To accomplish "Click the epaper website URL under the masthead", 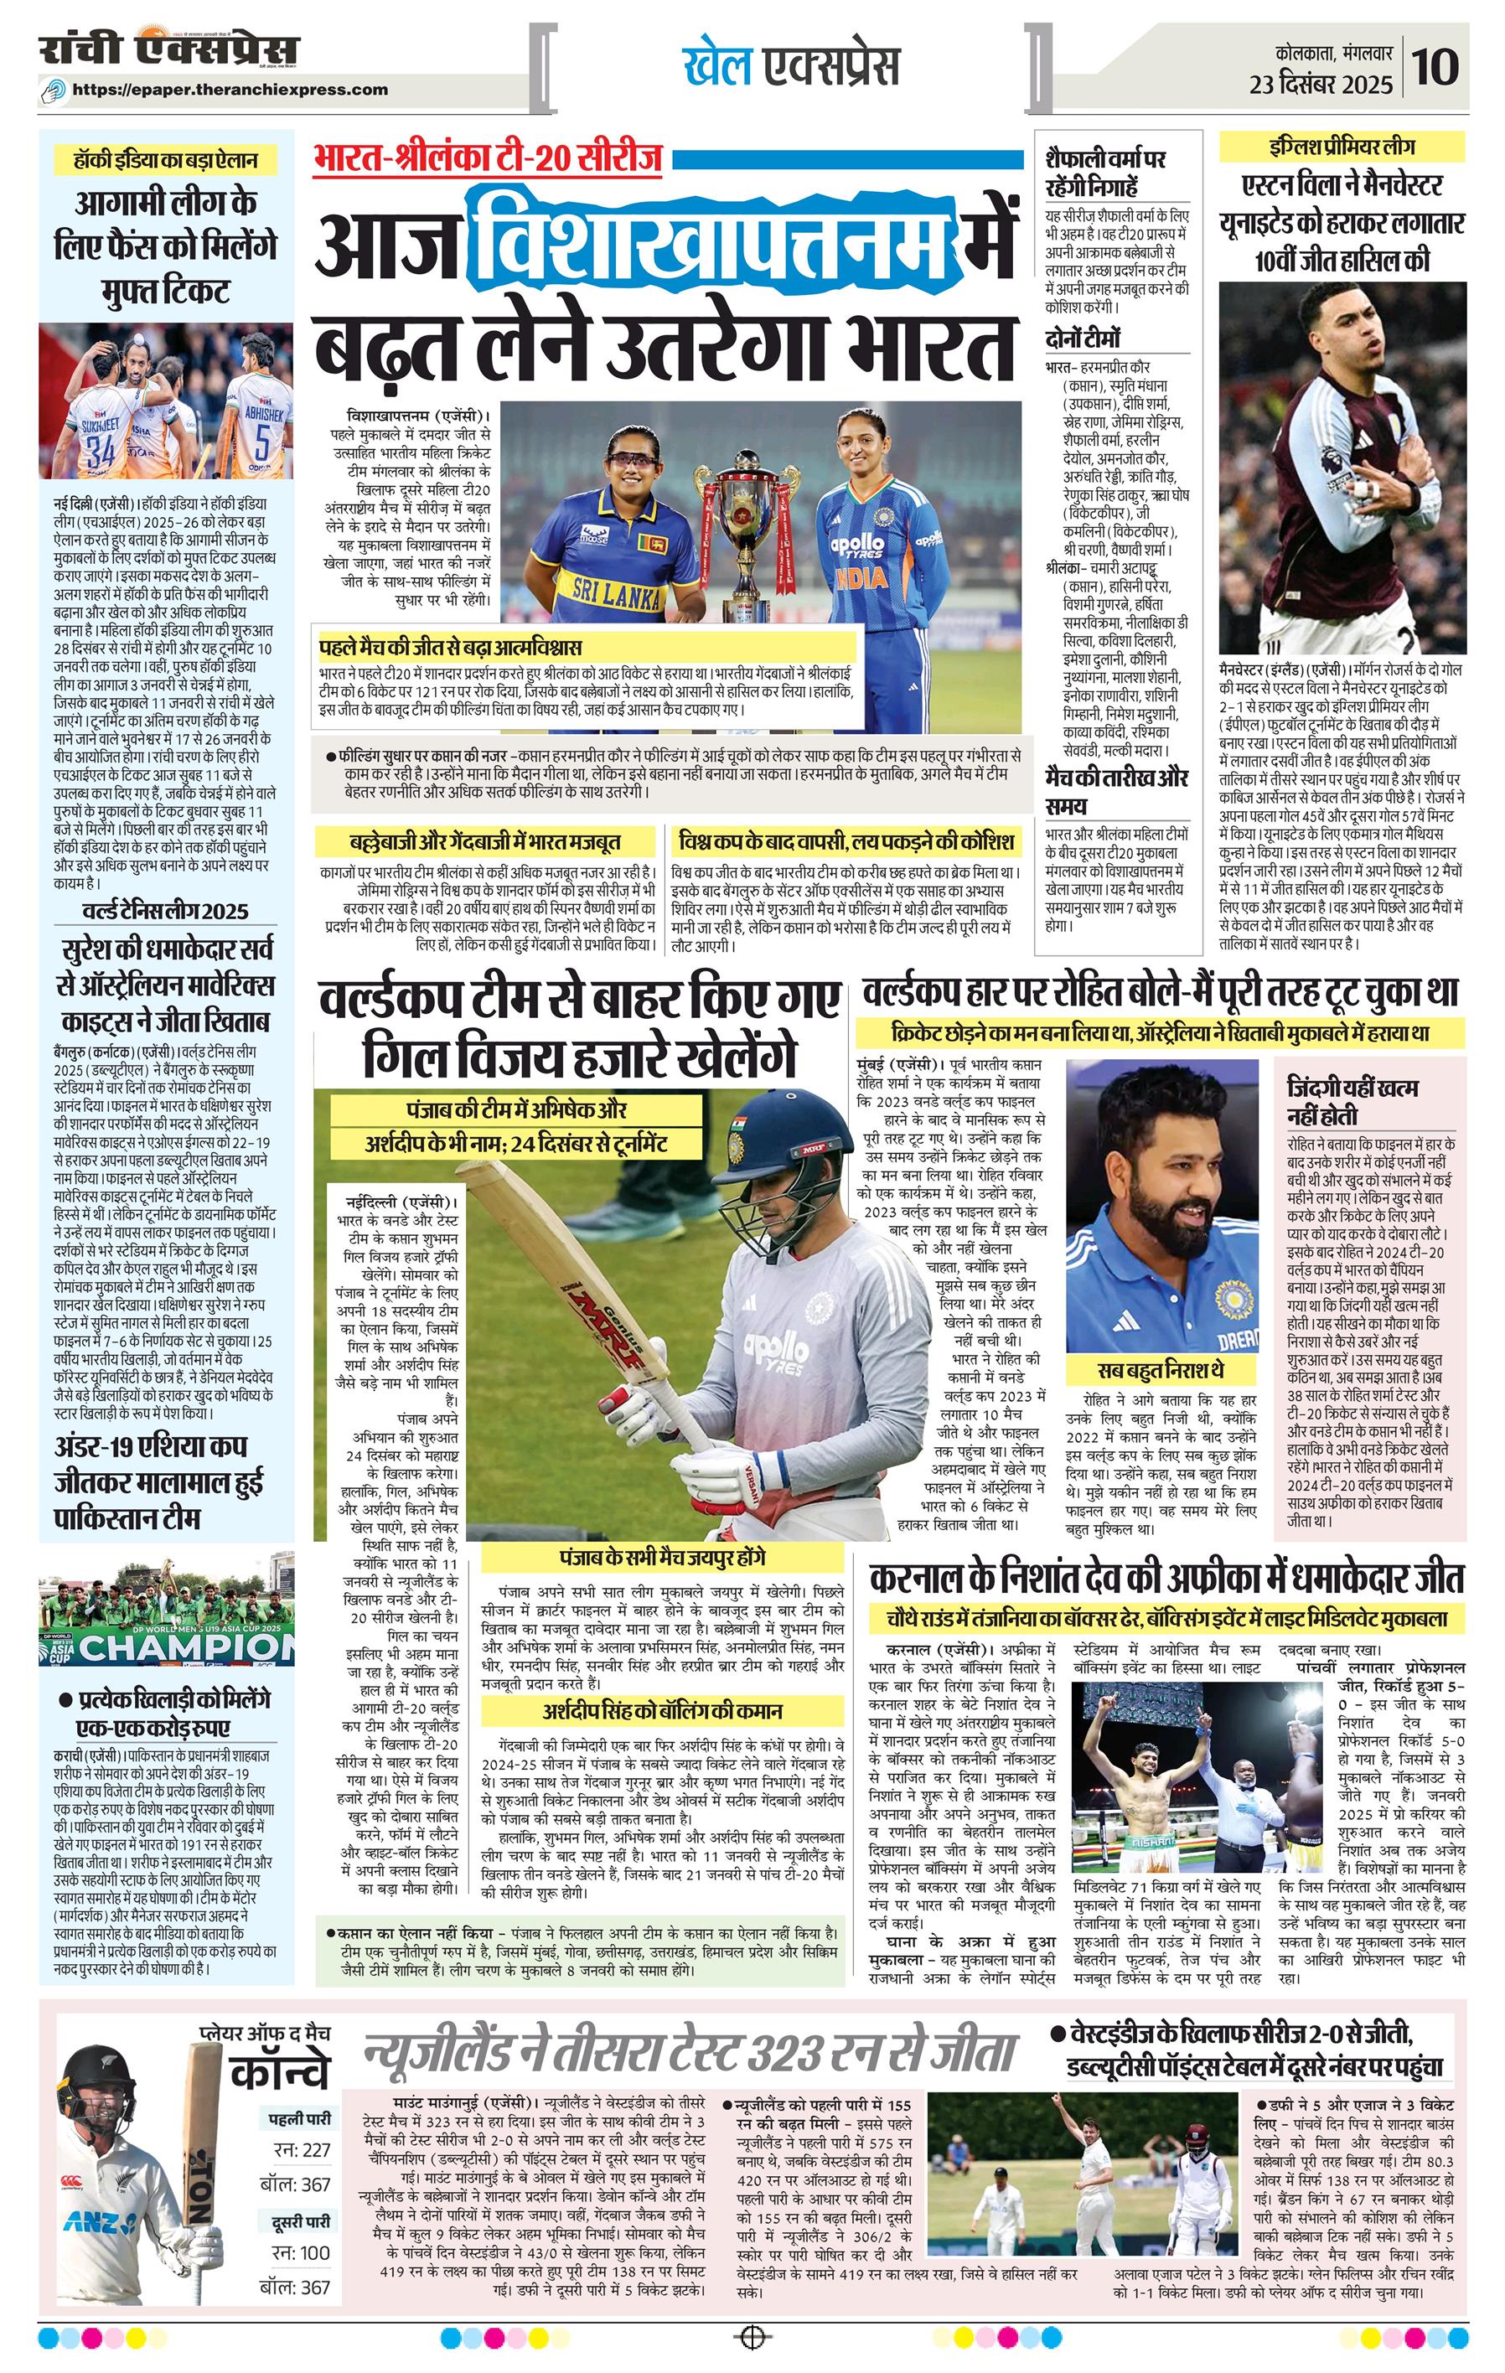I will [x=230, y=90].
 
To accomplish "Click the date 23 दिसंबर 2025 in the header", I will [x=1321, y=85].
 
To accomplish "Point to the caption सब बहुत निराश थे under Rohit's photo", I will [x=1161, y=1371].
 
